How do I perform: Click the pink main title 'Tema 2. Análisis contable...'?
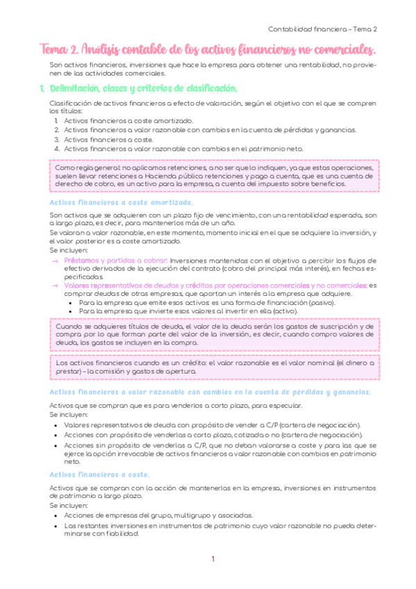tap(208, 49)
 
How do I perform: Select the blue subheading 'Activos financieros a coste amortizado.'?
tap(122, 202)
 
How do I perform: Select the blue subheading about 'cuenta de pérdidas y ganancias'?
tap(209, 392)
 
